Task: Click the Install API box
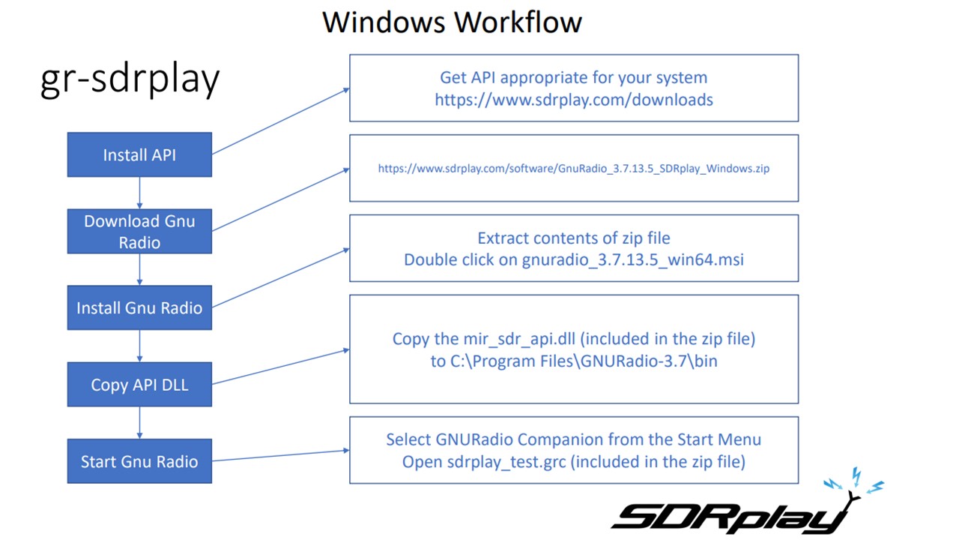139,154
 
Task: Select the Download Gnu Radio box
139,232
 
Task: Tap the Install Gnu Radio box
139,307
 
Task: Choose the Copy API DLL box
139,385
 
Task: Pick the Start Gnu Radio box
139,461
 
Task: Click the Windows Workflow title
452,22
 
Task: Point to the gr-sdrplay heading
130,79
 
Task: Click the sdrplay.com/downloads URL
574,100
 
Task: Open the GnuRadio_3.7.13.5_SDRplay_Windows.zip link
574,169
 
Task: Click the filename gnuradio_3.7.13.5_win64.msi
633,259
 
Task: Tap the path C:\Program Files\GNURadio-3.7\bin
584,361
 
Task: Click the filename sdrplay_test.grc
506,462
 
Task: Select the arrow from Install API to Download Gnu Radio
139,193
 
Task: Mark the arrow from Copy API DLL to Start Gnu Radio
139,422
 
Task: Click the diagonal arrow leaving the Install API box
281,121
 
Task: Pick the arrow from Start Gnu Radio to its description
281,455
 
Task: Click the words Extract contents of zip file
574,238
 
